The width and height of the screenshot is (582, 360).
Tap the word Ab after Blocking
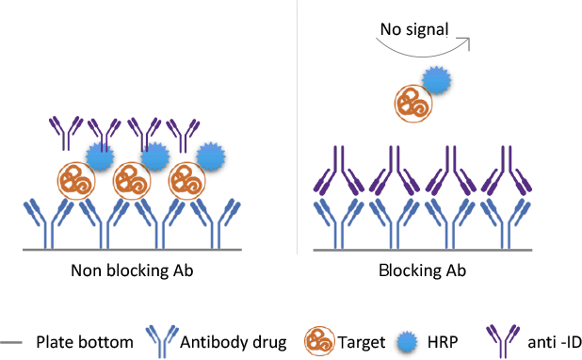click(x=457, y=270)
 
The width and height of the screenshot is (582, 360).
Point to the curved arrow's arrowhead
click(x=466, y=41)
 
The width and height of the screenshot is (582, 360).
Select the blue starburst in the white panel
click(x=437, y=79)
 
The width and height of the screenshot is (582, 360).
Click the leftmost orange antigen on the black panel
click(x=75, y=180)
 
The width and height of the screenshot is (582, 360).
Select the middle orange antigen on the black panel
click(x=131, y=180)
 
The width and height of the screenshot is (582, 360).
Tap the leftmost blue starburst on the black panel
click(x=100, y=154)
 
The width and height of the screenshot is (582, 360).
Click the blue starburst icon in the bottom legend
click(x=406, y=341)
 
